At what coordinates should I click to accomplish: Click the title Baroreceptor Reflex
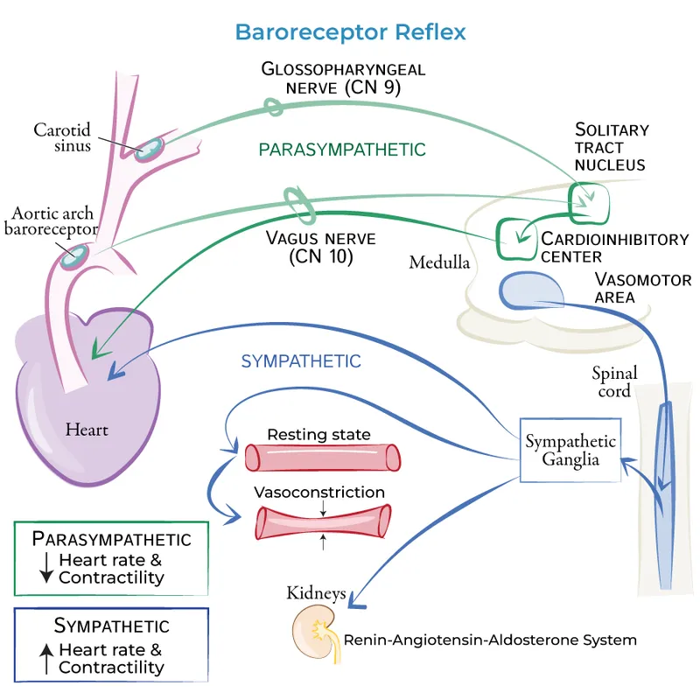coord(350,32)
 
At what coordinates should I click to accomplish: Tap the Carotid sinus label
coord(62,137)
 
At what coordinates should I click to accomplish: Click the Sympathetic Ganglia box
coord(570,450)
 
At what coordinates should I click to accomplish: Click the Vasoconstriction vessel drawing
coord(322,523)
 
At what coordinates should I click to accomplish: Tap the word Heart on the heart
coord(86,430)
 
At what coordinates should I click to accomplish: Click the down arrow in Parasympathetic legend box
coord(45,569)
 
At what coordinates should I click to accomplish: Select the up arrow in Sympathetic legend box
coord(45,658)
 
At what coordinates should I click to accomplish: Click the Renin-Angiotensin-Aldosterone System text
coord(490,640)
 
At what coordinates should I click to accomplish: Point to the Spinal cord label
coord(613,381)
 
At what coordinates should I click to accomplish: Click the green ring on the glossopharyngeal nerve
coord(275,107)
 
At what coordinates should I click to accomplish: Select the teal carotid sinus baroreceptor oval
coord(150,147)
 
